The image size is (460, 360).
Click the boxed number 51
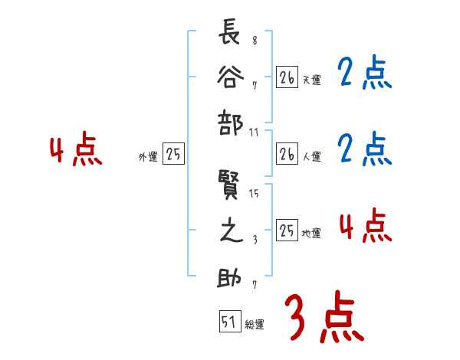(x=228, y=323)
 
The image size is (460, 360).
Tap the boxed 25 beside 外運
(x=173, y=155)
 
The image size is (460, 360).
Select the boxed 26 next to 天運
(x=287, y=77)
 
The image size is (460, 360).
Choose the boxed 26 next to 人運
(x=287, y=154)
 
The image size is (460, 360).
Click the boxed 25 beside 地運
(x=287, y=231)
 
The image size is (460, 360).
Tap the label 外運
(x=147, y=157)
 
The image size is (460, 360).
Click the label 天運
(x=312, y=79)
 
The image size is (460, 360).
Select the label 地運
(x=312, y=233)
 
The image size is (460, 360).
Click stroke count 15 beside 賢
(x=255, y=194)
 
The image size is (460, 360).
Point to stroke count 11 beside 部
(x=255, y=133)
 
